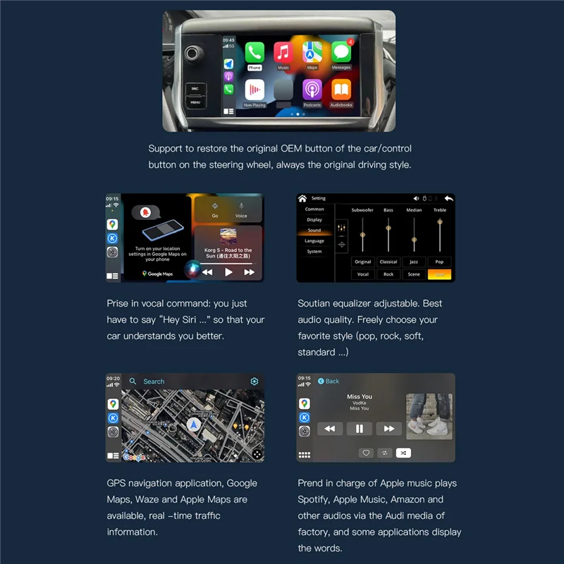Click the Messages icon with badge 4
[341, 53]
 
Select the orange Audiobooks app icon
[341, 90]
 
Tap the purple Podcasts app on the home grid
[312, 90]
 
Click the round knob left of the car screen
[192, 53]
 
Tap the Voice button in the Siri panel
[241, 209]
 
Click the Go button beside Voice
[215, 209]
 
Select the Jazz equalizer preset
[414, 262]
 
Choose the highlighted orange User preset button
[439, 274]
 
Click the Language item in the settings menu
[314, 241]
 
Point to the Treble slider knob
[440, 222]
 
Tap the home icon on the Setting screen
[302, 199]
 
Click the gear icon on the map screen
[255, 381]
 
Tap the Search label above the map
[154, 381]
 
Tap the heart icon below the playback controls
[366, 453]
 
